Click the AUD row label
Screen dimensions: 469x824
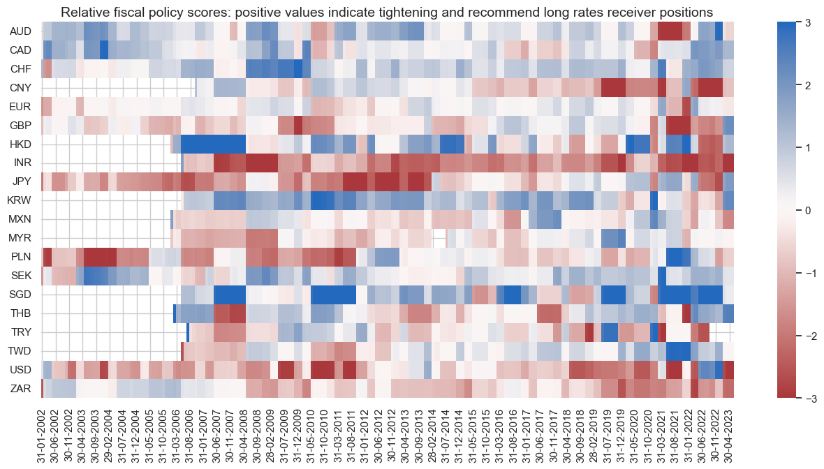tap(20, 31)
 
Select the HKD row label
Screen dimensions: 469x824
tap(20, 144)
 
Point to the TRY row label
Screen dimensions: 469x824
tap(20, 332)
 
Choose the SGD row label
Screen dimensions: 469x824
tap(20, 294)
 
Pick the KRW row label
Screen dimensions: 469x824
tap(20, 200)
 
